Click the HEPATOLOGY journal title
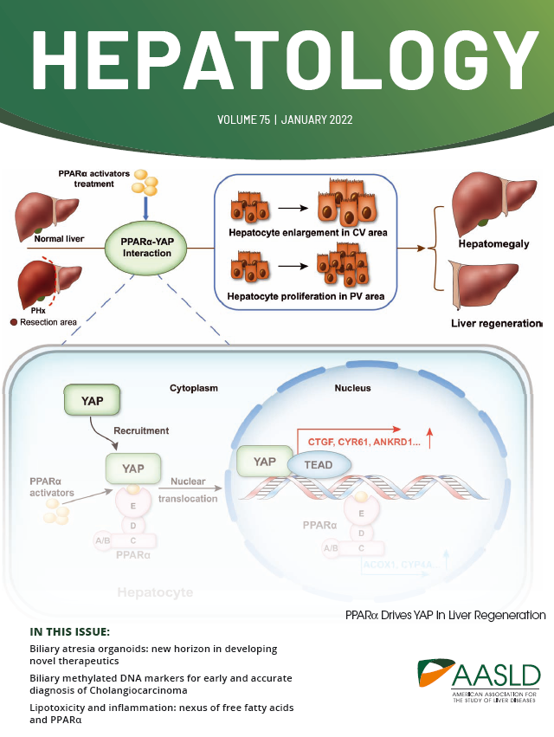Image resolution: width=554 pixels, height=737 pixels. click(277, 61)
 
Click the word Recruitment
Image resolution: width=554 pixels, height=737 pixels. click(140, 430)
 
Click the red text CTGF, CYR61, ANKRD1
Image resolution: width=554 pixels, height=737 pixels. click(354, 442)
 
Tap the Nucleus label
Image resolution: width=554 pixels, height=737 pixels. click(353, 388)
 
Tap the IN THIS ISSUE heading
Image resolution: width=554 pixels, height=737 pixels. click(70, 631)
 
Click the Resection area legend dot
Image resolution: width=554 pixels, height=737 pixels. click(13, 322)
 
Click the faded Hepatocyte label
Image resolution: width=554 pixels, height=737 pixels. click(157, 592)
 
